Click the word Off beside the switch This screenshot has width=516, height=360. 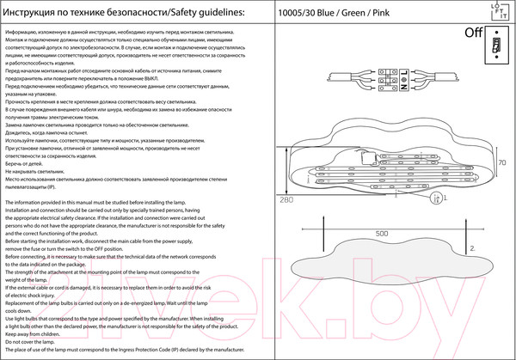[474, 34]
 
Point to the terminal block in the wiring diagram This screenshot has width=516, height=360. [398, 82]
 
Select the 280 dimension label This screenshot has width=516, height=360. [286, 200]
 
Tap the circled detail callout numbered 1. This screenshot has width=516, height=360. [438, 197]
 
